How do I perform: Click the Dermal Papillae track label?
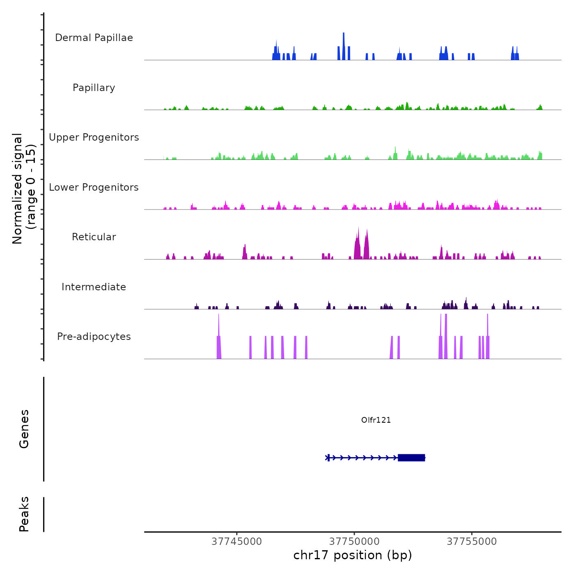pyautogui.click(x=94, y=38)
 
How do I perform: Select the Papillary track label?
pyautogui.click(x=94, y=88)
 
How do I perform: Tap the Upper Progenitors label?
pyautogui.click(x=94, y=137)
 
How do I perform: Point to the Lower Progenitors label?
pyautogui.click(x=94, y=187)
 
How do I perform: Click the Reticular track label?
pyautogui.click(x=94, y=237)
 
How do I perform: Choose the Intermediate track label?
pyautogui.click(x=94, y=287)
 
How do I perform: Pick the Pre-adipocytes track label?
pyautogui.click(x=94, y=337)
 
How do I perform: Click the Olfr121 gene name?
pyautogui.click(x=376, y=420)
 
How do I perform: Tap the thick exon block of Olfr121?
pyautogui.click(x=411, y=458)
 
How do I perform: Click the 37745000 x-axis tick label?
pyautogui.click(x=237, y=542)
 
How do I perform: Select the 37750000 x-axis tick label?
pyautogui.click(x=354, y=542)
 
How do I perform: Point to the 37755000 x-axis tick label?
pyautogui.click(x=471, y=542)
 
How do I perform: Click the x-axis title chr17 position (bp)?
pyautogui.click(x=353, y=555)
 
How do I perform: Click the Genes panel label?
pyautogui.click(x=24, y=429)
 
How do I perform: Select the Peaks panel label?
pyautogui.click(x=24, y=514)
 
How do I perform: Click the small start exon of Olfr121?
pyautogui.click(x=328, y=458)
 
